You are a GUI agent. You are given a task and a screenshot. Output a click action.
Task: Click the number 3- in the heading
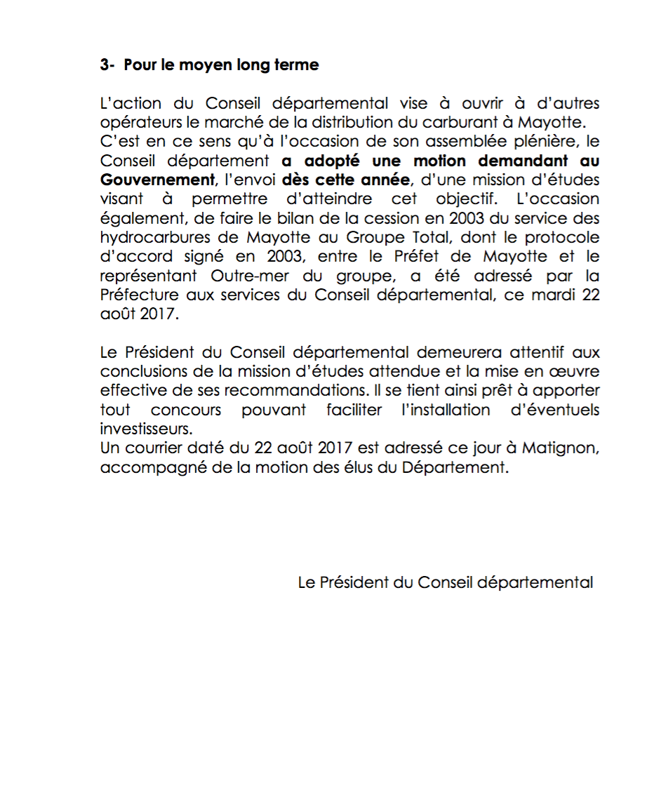click(x=107, y=65)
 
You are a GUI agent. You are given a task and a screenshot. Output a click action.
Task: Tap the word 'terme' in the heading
click(x=298, y=65)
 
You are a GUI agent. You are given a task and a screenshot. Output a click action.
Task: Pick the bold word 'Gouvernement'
click(x=156, y=180)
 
